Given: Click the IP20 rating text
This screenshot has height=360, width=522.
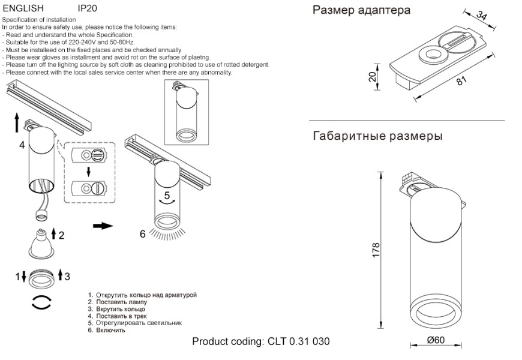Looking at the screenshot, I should click(x=87, y=9).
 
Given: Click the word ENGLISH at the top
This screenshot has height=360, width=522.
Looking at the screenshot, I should click(x=23, y=9).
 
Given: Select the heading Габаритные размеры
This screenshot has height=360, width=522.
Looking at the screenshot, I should click(x=377, y=136).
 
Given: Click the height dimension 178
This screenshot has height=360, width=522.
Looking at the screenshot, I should click(x=376, y=250).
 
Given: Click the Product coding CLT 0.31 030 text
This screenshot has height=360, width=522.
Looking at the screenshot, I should click(x=260, y=342).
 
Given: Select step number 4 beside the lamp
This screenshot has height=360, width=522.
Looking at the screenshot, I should click(x=22, y=146).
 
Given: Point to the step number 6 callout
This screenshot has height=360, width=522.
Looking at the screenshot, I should click(x=143, y=234).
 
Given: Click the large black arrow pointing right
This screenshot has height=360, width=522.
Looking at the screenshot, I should click(x=103, y=226).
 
